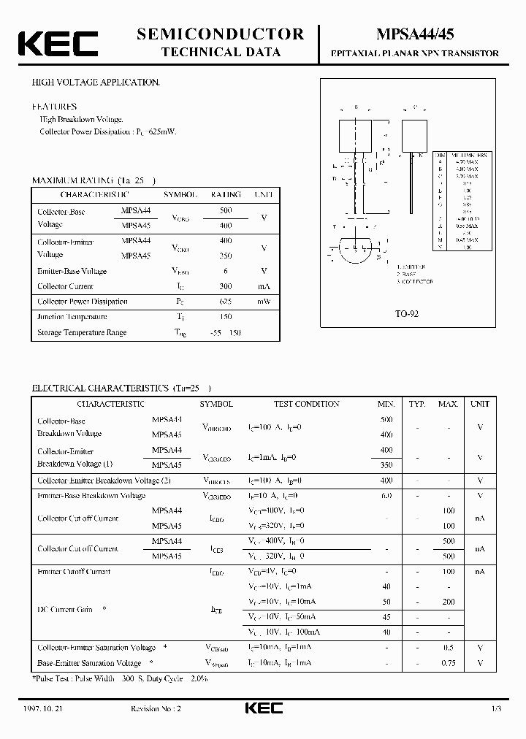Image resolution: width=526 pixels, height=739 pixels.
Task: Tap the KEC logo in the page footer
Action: pos(262,709)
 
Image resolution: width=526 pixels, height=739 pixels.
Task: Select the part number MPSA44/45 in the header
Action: pos(415,34)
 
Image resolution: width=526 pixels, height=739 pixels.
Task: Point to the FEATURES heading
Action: pos(54,107)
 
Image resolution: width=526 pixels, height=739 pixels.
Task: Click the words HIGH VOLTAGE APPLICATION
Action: pos(96,83)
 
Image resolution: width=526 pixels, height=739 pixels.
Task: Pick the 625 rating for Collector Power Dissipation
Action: pos(226,302)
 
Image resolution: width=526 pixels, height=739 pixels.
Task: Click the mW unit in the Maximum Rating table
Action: pos(263,302)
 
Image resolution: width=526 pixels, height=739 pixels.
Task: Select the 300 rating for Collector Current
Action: pos(226,286)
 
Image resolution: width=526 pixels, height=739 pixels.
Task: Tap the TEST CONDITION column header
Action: pos(306,404)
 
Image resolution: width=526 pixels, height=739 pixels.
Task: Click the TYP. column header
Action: pos(417,404)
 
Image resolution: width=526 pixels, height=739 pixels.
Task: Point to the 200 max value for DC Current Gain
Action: pos(448,602)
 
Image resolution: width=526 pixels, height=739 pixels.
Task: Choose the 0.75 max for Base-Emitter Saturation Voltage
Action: pos(448,663)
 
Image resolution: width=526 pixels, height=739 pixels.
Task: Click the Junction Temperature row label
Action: pos(72,317)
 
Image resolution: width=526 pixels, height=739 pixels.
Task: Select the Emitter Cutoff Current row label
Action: pos(74,572)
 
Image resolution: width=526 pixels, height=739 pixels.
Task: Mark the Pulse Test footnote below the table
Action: pos(121,678)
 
